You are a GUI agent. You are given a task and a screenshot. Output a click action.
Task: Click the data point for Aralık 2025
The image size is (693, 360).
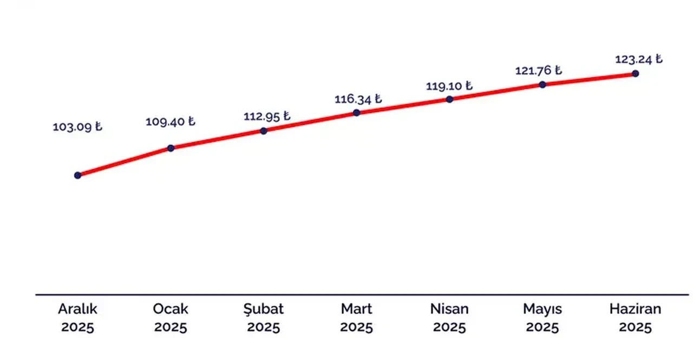pos(77,175)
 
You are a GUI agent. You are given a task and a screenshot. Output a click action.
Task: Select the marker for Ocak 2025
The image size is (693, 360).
pos(171,148)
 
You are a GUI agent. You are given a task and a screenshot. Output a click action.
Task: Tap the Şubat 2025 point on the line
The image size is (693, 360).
pos(264,130)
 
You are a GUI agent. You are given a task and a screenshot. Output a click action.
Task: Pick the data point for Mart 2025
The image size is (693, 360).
pos(356,113)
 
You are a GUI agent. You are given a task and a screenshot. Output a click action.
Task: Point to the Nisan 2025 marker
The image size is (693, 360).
pos(449,99)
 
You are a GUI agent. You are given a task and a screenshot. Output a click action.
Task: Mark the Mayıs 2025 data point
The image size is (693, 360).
pos(542,84)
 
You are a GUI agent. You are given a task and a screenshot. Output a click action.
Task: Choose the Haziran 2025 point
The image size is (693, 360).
pos(635,73)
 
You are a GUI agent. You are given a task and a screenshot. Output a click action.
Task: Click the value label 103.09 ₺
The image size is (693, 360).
pos(77,128)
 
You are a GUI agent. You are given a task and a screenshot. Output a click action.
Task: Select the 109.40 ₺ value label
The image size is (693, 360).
pos(170,122)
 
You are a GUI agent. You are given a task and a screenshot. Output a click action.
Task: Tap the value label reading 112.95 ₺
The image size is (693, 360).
pos(267,116)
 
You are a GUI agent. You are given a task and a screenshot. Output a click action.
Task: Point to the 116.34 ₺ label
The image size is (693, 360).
pos(358,100)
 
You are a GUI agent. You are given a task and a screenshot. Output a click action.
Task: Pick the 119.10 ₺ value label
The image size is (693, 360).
pos(449,86)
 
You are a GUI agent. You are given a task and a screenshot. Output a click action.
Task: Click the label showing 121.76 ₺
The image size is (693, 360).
pos(538,71)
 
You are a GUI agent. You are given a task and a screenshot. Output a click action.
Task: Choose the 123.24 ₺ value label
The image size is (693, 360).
pos(638,60)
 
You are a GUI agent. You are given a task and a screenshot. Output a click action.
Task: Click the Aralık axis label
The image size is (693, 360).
pos(77,309)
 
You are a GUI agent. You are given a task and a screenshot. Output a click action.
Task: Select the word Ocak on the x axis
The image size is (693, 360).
pos(171,309)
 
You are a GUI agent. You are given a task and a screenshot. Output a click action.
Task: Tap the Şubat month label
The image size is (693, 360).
pos(264,310)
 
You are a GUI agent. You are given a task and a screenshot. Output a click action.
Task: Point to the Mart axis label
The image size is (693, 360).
pos(357,309)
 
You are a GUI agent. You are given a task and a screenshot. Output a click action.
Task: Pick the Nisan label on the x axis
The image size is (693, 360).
pos(449,309)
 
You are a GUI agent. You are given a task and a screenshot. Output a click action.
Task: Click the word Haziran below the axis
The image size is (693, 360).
pos(635,309)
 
